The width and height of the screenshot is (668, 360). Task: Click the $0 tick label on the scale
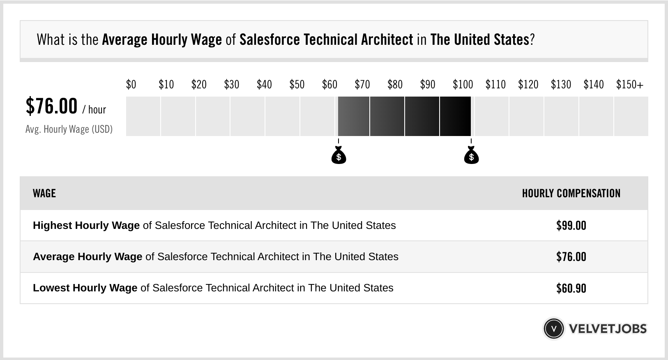[131, 85]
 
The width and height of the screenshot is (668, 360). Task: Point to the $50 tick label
[297, 85]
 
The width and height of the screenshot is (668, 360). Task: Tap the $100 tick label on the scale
[463, 85]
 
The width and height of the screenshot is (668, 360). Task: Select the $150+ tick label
[630, 85]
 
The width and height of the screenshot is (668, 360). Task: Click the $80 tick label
[395, 85]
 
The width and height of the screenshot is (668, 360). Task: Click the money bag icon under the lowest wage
[339, 156]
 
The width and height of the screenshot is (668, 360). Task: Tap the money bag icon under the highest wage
[471, 156]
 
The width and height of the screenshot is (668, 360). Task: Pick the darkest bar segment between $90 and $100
[455, 116]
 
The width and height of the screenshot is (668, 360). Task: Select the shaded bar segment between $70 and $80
[387, 116]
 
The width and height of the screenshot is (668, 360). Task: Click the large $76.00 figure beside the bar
[51, 106]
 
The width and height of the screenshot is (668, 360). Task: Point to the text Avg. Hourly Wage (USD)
[69, 129]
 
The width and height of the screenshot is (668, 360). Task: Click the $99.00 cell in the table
[571, 226]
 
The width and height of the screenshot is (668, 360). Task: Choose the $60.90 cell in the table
[571, 288]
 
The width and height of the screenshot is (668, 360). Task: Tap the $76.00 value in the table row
[571, 257]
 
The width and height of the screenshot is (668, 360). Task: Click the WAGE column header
[44, 194]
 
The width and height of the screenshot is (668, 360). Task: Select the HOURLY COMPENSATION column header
[571, 194]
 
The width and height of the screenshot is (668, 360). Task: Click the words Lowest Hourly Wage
[85, 288]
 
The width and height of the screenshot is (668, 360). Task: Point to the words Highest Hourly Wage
[86, 226]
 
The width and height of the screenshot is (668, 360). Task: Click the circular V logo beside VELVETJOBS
[554, 329]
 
